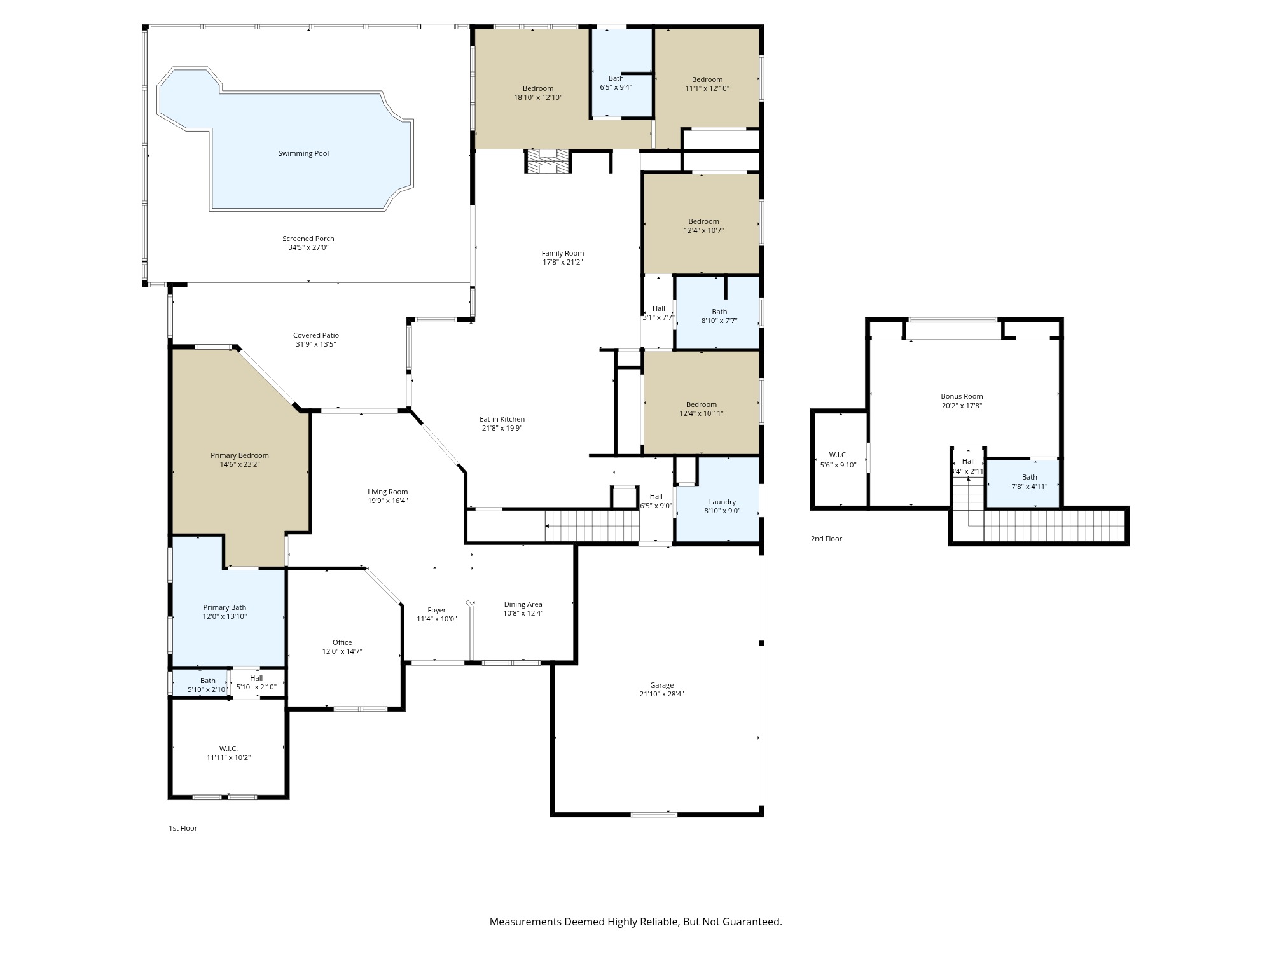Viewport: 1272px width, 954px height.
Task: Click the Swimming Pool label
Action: pos(303,153)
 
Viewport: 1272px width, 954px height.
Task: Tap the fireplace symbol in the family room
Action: pos(546,162)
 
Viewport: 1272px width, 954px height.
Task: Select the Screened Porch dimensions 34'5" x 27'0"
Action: pos(308,247)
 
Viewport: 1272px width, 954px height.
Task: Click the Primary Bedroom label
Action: pos(240,455)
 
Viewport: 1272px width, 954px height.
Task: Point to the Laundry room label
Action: pos(722,502)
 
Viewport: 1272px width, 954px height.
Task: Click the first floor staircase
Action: pos(592,526)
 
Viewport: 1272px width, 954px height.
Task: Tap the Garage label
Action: pos(661,685)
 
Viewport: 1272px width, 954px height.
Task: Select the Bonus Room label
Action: pos(962,396)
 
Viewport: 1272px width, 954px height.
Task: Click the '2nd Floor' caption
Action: pos(826,539)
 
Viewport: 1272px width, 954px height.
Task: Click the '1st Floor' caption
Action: pos(183,828)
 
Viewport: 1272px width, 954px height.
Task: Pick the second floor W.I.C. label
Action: pos(838,455)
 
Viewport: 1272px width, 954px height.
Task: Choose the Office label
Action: pos(342,642)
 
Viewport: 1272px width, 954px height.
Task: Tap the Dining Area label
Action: pos(523,604)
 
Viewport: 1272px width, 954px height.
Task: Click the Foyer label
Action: pos(436,610)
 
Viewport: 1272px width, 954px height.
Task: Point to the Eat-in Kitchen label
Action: pos(502,419)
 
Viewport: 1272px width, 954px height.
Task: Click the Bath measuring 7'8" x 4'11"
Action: pos(1029,481)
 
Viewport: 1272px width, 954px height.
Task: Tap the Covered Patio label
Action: pos(315,335)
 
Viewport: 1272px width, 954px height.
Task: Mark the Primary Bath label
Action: pos(225,607)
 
